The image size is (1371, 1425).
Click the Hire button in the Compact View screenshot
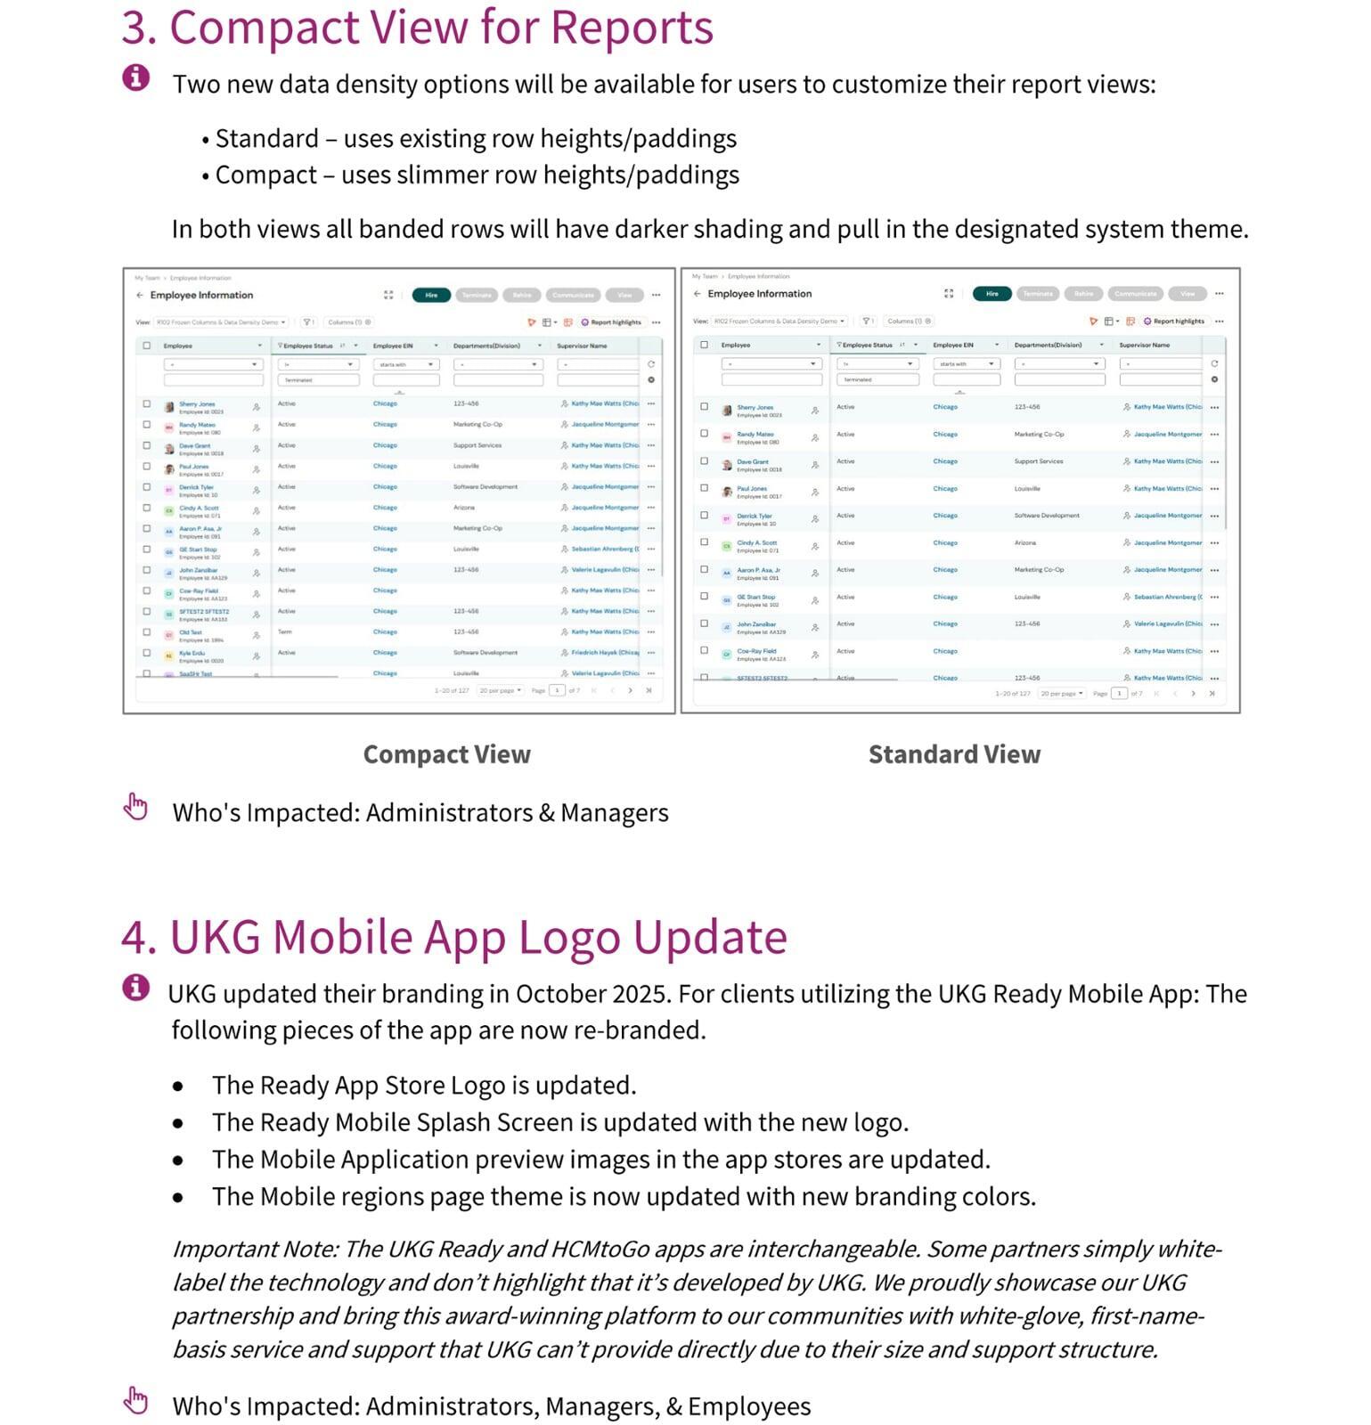pyautogui.click(x=431, y=295)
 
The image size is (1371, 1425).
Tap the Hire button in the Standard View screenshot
pyautogui.click(x=992, y=293)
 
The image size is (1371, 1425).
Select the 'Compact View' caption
pyautogui.click(x=446, y=754)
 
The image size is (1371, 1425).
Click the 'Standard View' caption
pyautogui.click(x=954, y=754)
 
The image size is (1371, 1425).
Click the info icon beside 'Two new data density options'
pyautogui.click(x=135, y=77)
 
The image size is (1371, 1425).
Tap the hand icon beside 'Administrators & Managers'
pyautogui.click(x=135, y=806)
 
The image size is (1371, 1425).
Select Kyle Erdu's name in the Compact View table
pyautogui.click(x=192, y=653)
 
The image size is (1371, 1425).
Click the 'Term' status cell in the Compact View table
pyautogui.click(x=285, y=631)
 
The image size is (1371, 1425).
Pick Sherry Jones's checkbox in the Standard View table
pyautogui.click(x=704, y=407)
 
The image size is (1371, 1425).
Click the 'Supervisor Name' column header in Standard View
pyautogui.click(x=1144, y=345)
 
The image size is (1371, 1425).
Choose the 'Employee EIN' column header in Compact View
pyautogui.click(x=392, y=346)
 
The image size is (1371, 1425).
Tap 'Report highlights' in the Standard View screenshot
pyautogui.click(x=1178, y=321)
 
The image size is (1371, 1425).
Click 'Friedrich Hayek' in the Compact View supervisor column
pyautogui.click(x=604, y=653)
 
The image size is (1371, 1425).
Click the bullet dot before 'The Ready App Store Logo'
pyautogui.click(x=178, y=1087)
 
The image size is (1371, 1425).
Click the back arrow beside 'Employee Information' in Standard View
pyautogui.click(x=697, y=294)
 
